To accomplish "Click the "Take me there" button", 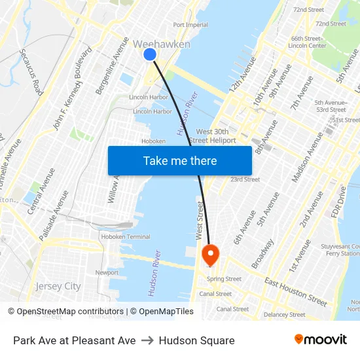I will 180,160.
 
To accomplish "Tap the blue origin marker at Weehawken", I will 150,55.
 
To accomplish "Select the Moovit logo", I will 320,340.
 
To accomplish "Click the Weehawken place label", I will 162,45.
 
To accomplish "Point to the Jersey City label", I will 58,286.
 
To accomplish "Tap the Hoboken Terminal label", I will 129,236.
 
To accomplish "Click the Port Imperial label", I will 190,25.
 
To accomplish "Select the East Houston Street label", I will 296,292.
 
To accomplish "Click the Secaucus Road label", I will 31,71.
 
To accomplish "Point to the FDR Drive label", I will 338,201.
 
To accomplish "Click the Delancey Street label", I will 285,315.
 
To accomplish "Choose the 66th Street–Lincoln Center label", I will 308,42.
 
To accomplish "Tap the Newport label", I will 107,272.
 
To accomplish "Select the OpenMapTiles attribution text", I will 166,312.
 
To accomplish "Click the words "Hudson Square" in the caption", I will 196,340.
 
